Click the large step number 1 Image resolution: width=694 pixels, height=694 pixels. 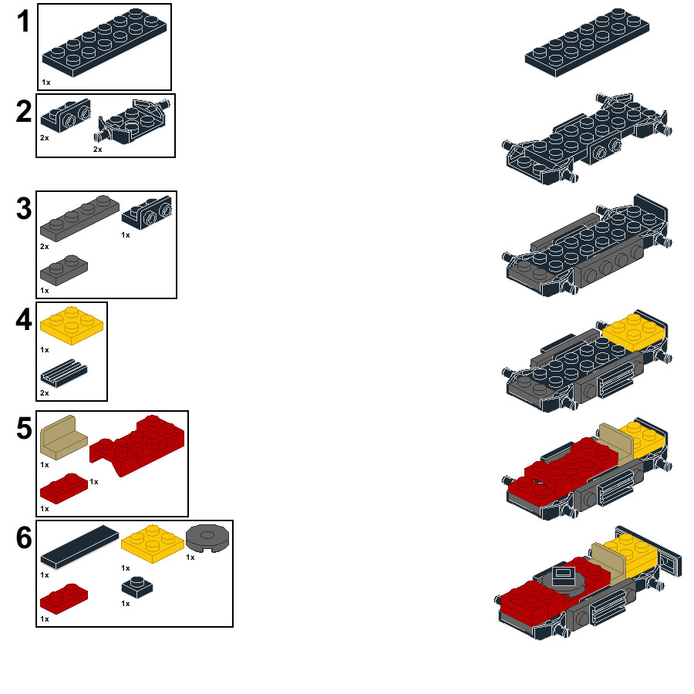point(23,22)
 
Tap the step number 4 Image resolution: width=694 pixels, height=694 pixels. point(24,319)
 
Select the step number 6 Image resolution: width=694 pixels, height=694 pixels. point(24,537)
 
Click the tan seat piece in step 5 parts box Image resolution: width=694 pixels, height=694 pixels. point(64,437)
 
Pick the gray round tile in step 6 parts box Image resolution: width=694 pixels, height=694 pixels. point(207,537)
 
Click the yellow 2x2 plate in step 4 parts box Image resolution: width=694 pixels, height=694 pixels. point(72,325)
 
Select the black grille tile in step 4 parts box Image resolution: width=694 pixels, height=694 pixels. point(64,373)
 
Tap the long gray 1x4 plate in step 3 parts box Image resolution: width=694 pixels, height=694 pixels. point(79,218)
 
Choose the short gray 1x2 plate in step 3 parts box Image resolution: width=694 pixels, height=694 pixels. point(64,270)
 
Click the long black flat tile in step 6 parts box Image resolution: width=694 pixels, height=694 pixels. point(79,547)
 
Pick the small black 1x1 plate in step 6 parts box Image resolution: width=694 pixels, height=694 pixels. point(137,587)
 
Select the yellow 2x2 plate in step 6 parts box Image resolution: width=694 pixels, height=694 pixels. point(153,544)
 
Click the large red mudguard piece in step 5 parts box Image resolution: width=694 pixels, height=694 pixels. point(137,445)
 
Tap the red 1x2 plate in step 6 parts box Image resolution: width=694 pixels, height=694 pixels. point(64,598)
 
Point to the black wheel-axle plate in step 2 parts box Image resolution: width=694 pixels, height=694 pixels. point(133,122)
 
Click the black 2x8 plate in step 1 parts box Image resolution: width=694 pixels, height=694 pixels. point(104,42)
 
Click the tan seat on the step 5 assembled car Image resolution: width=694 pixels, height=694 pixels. point(616,444)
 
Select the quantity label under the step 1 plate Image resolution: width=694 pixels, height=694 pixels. point(46,83)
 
